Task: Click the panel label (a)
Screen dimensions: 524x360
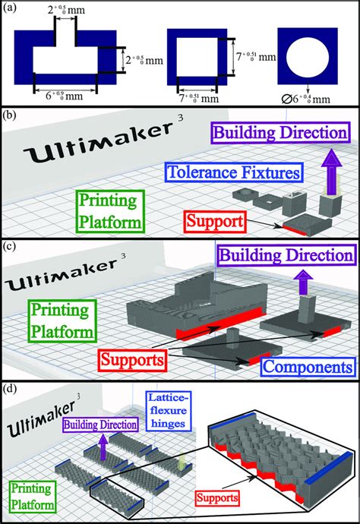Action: (11, 8)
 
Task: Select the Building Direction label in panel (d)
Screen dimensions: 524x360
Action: (103, 424)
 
